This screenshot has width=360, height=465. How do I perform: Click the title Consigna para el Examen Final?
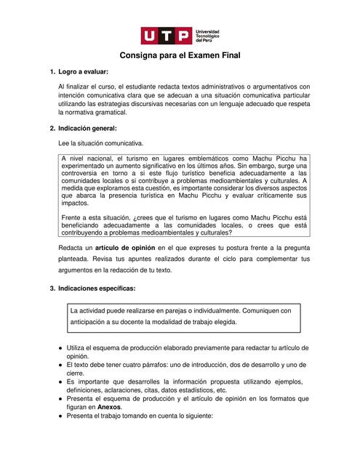180,55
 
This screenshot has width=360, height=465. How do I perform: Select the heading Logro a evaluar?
83,73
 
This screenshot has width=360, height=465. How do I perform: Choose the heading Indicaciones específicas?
97,288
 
